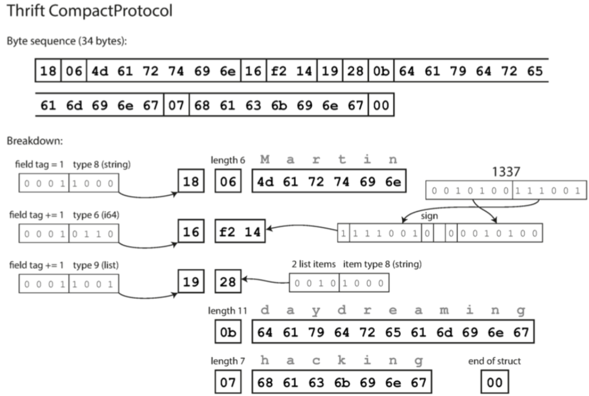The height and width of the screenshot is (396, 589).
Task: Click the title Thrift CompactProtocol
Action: (90, 12)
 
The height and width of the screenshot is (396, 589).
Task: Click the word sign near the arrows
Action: (429, 217)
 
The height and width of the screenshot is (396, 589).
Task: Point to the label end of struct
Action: (494, 361)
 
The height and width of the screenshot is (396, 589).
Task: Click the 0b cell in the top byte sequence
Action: (381, 71)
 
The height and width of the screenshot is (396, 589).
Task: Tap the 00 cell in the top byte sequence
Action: (381, 105)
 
